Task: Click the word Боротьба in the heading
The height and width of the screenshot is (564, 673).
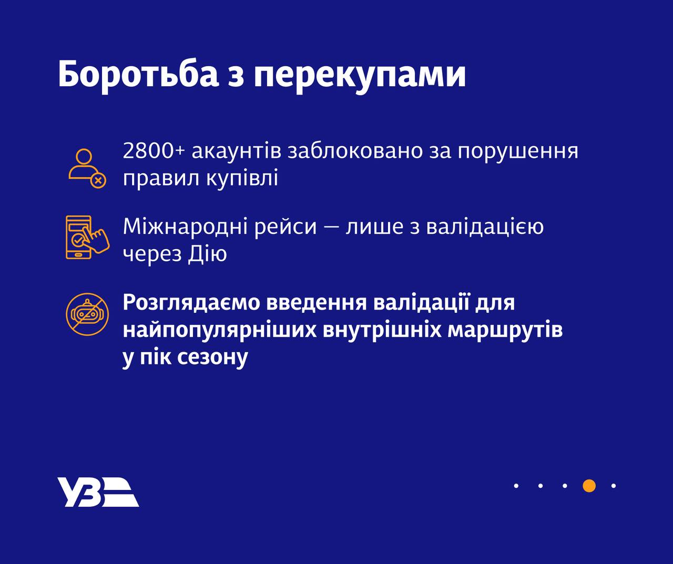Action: (x=138, y=75)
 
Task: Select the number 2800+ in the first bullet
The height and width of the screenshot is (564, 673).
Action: (x=154, y=151)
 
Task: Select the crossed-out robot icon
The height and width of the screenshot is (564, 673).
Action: (x=87, y=314)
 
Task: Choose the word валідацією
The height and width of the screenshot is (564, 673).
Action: (x=484, y=227)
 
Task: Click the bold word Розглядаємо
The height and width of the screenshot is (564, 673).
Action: (x=192, y=303)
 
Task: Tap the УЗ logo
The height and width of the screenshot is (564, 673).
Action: (x=98, y=492)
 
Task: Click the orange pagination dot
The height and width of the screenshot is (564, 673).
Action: (x=589, y=486)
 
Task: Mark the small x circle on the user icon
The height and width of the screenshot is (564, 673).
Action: (x=98, y=180)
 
